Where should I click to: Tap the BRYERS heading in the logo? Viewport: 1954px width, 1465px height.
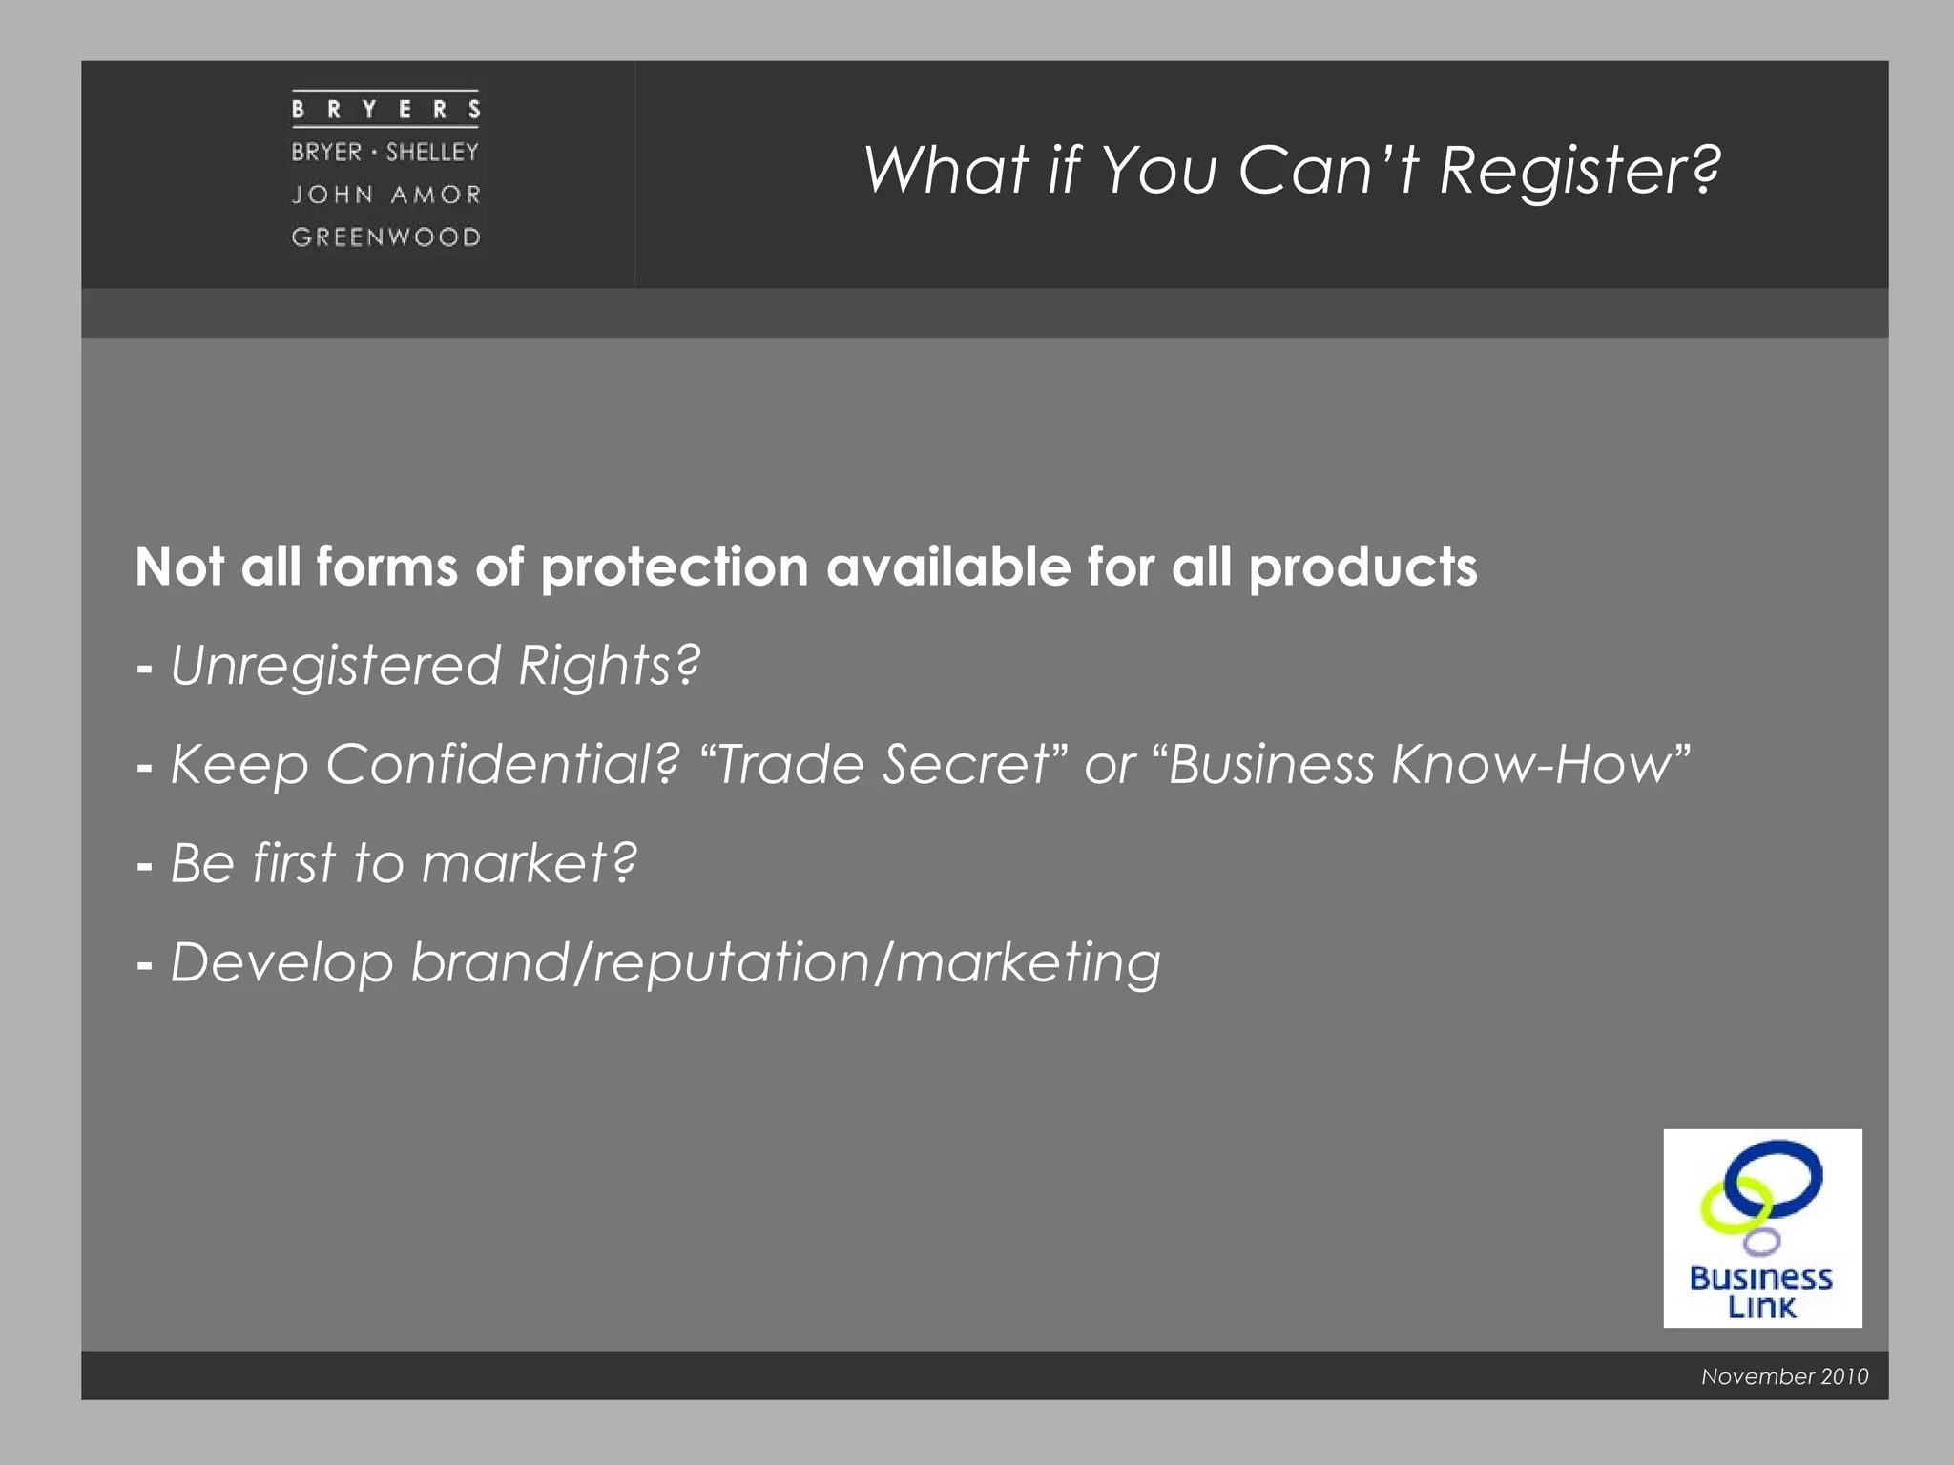coord(385,110)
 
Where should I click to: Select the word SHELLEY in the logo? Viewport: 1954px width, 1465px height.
coord(432,152)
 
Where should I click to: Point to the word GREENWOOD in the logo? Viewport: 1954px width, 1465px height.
coord(386,237)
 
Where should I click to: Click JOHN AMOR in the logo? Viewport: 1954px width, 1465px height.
coord(386,195)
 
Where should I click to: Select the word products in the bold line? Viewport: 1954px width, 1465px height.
coord(1362,568)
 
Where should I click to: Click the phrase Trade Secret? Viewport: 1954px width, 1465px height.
coord(883,765)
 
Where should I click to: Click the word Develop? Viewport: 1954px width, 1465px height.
coord(282,963)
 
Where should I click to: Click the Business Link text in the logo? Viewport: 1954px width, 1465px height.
coord(1761,1292)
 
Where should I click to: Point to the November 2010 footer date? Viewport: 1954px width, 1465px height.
coord(1784,1376)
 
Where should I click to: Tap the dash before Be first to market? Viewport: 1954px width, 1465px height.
coord(145,866)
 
